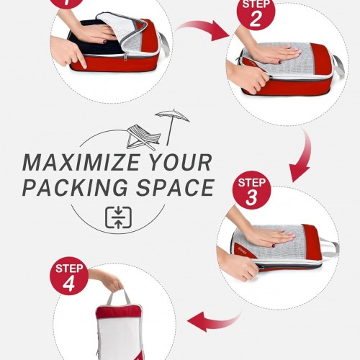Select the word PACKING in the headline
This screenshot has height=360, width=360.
(x=75, y=187)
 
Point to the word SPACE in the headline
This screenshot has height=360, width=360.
(x=175, y=187)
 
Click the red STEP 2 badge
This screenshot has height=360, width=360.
(x=256, y=12)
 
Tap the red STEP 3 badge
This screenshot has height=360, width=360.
(x=252, y=190)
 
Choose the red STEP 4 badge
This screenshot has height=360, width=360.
(x=69, y=276)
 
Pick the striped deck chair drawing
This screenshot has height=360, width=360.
(x=143, y=138)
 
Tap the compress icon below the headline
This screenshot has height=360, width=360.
(x=118, y=217)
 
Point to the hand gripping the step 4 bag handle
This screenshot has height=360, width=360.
(x=109, y=280)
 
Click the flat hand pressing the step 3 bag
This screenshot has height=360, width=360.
(x=269, y=236)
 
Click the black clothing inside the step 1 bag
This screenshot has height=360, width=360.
(x=96, y=38)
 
